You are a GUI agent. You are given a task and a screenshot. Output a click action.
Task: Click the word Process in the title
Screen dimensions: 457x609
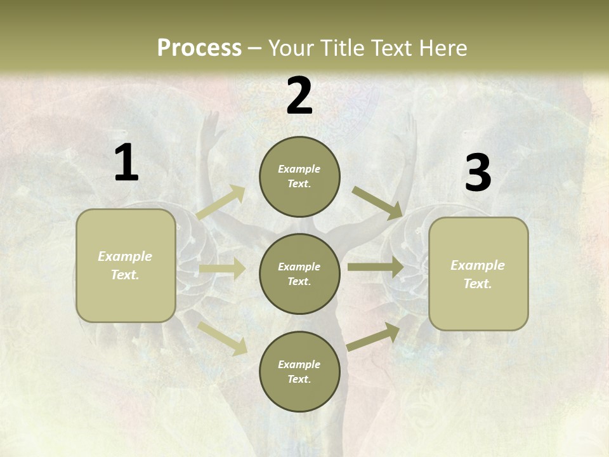(x=199, y=48)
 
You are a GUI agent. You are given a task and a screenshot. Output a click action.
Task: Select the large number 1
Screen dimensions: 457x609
(x=126, y=162)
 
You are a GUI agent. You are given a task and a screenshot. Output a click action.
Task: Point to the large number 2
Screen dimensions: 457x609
(x=299, y=96)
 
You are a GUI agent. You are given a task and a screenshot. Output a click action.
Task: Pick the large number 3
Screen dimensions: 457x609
(x=478, y=173)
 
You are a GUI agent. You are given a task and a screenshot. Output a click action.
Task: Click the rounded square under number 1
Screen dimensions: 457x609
(x=126, y=265)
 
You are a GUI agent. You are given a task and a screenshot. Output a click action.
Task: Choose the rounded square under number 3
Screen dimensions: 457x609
(x=478, y=274)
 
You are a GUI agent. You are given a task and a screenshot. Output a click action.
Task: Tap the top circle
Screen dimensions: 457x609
(x=299, y=176)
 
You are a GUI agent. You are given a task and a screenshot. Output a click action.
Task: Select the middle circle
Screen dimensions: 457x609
(x=299, y=274)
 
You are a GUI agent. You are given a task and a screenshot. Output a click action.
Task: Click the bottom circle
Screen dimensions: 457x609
(x=299, y=371)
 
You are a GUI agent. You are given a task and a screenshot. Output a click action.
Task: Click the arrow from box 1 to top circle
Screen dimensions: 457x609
(x=221, y=202)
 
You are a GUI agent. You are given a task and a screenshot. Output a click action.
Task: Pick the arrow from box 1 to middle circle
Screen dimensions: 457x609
(x=222, y=269)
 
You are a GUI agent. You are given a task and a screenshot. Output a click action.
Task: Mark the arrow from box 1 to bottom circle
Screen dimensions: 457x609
(x=223, y=338)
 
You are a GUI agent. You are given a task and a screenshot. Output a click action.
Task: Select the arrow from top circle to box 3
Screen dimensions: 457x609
(x=377, y=202)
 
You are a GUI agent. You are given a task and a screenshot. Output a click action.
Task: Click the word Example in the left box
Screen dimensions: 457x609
(x=125, y=256)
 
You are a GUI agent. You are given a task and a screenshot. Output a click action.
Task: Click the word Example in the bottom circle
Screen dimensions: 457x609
(x=299, y=364)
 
